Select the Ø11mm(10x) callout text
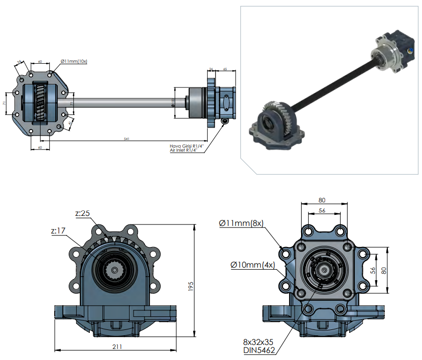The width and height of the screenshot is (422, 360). point(74,61)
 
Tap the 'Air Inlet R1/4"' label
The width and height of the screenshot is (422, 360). point(183,150)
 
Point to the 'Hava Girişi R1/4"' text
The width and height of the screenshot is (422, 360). point(184,146)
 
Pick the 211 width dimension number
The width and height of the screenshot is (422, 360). point(117,346)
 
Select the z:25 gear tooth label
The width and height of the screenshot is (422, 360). point(83,213)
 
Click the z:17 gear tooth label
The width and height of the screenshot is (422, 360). point(59,231)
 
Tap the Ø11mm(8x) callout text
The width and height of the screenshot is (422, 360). point(241,223)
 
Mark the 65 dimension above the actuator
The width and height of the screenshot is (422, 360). point(225,69)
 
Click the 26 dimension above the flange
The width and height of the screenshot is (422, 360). point(211,69)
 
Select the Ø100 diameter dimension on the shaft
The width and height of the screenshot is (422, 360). point(172,102)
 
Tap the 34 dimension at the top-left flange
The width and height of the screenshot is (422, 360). point(20,62)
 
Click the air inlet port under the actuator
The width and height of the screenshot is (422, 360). point(224,121)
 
